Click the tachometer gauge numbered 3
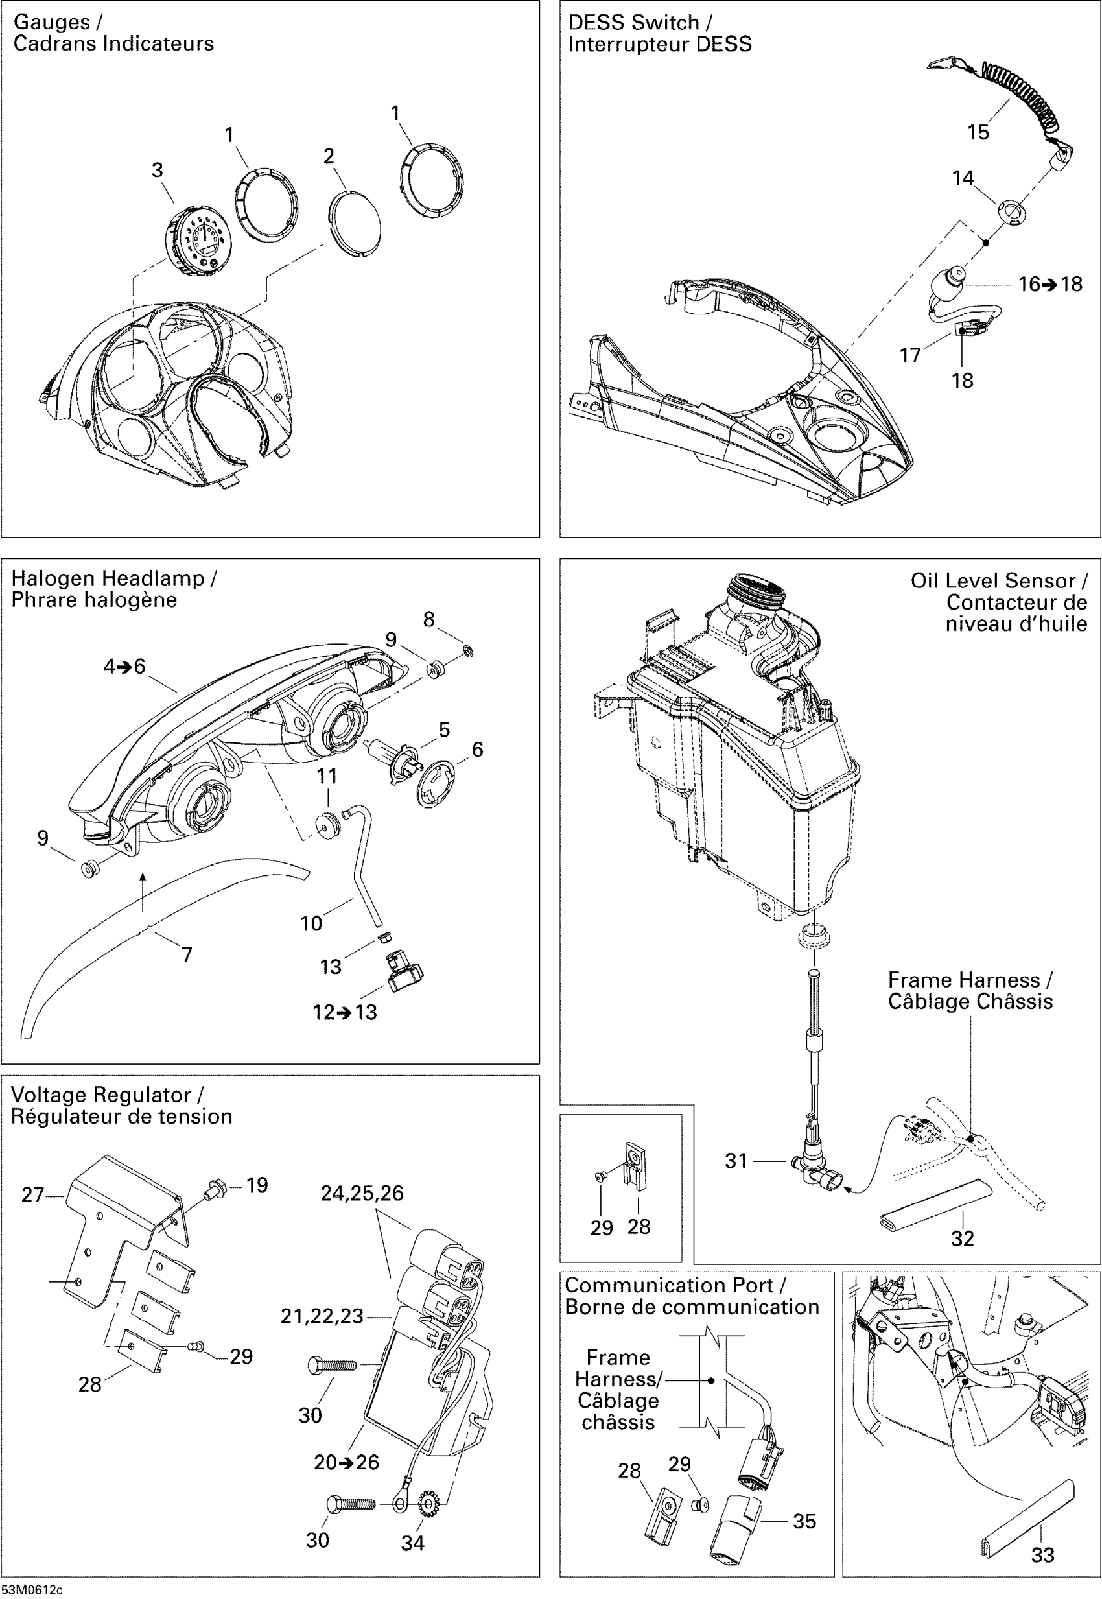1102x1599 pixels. [198, 240]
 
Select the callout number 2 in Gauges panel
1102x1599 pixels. [329, 156]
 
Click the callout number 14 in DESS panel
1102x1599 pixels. [963, 178]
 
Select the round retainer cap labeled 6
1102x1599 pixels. [436, 783]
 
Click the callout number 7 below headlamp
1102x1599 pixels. [187, 954]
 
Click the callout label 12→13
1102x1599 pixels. [345, 1013]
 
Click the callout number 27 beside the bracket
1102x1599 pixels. [32, 1195]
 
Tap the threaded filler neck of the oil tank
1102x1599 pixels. [758, 591]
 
